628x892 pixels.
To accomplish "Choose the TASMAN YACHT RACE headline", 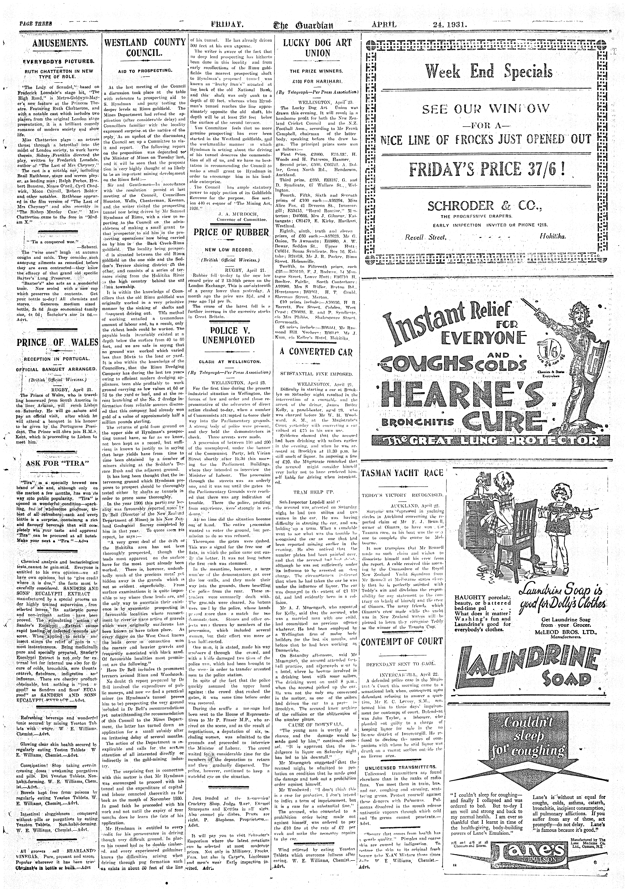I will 402,473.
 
